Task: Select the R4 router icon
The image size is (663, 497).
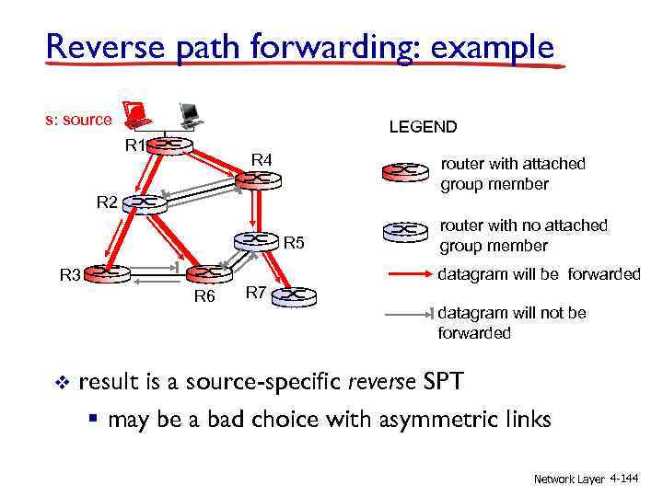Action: (254, 179)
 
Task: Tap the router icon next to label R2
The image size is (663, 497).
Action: (146, 202)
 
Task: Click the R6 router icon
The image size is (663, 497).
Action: (208, 273)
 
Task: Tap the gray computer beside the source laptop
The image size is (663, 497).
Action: (191, 114)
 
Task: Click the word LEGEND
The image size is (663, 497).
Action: (423, 127)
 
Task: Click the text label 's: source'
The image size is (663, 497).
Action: (79, 120)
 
